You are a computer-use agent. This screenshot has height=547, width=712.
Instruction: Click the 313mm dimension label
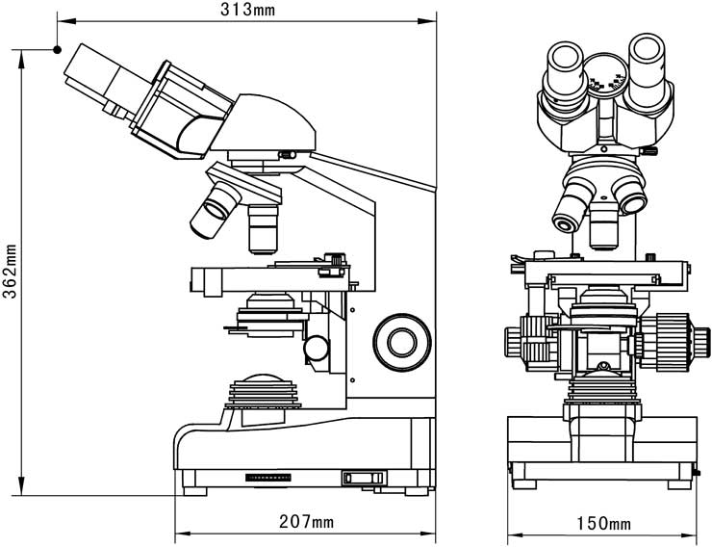coord(247,9)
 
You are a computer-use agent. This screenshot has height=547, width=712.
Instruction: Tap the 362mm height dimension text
coord(10,272)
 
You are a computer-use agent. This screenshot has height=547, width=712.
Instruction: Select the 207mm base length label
coord(306,522)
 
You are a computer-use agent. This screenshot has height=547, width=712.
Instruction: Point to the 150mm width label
coord(603,523)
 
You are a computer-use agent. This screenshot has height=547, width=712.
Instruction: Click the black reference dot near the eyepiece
coord(57,49)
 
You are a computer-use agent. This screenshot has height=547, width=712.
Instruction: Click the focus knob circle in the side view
coord(402,342)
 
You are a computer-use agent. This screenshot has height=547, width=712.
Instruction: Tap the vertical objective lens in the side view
coord(263,229)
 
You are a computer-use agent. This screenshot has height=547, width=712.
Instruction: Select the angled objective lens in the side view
coord(216,210)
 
